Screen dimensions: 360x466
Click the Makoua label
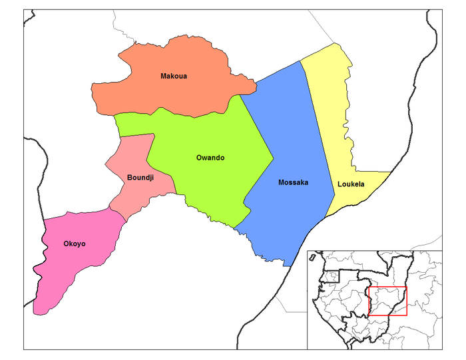(173, 76)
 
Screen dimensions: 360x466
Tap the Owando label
(210, 158)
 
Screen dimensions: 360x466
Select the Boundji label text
(140, 178)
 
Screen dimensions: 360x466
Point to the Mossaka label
(294, 182)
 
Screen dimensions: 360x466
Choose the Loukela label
(351, 184)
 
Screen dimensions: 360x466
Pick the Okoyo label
(75, 244)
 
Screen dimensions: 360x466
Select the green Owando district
(213, 180)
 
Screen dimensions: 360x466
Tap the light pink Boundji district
(133, 160)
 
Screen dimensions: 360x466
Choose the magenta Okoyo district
(67, 266)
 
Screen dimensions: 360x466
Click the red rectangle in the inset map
(387, 301)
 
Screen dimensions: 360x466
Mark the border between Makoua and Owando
(180, 111)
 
